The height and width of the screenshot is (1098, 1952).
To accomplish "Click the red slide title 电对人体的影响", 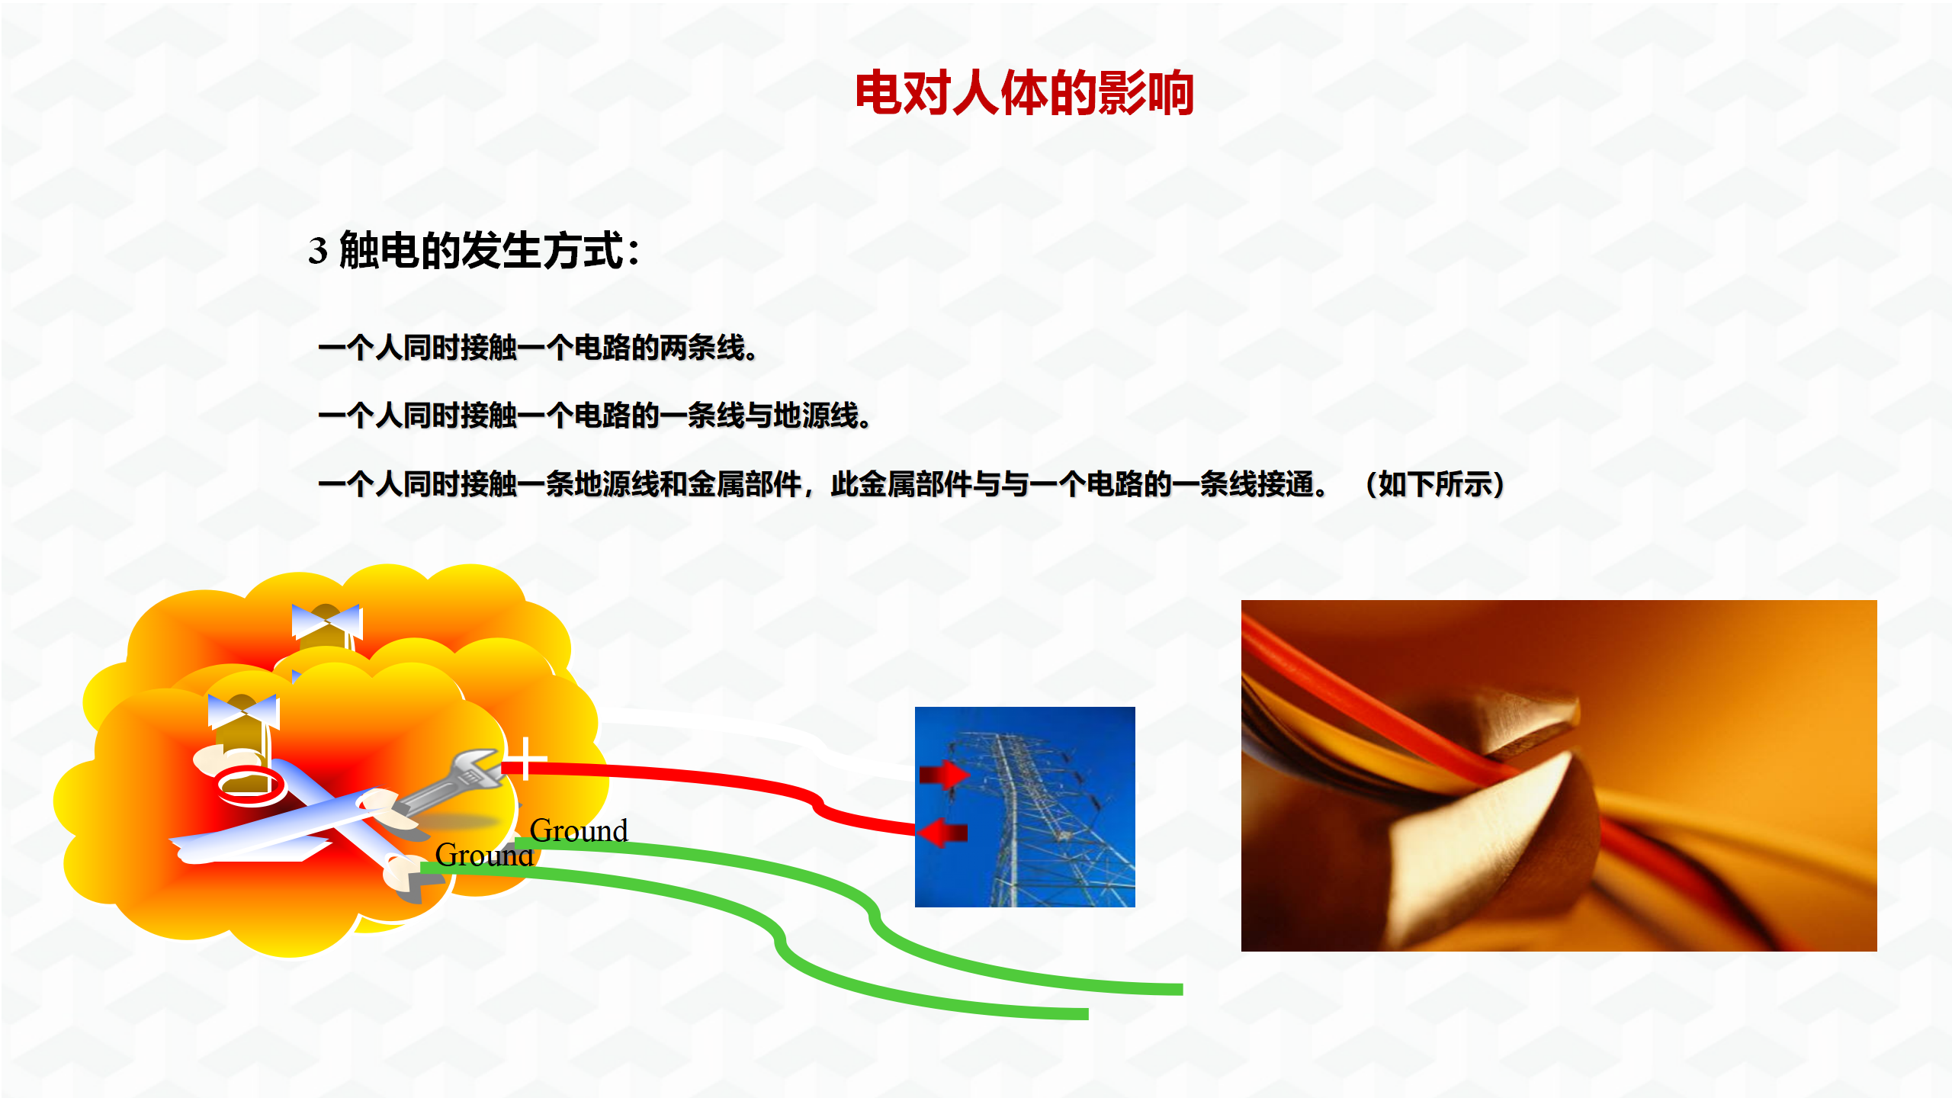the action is pos(1024,93).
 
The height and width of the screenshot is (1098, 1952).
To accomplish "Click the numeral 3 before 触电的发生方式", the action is pos(318,251).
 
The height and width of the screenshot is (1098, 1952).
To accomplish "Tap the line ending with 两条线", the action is pos(538,348).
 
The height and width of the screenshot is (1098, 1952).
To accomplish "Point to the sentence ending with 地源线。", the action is pos(595,416).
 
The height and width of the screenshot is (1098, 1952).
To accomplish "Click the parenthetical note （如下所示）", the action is pos(1434,484).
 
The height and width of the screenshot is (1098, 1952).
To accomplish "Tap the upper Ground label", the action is pos(579,830).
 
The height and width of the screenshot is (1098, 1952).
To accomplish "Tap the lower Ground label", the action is pos(484,855).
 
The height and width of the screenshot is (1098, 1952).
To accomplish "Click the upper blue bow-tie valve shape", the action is pos(326,621).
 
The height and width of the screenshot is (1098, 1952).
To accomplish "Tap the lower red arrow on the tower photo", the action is pos(942,832).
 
